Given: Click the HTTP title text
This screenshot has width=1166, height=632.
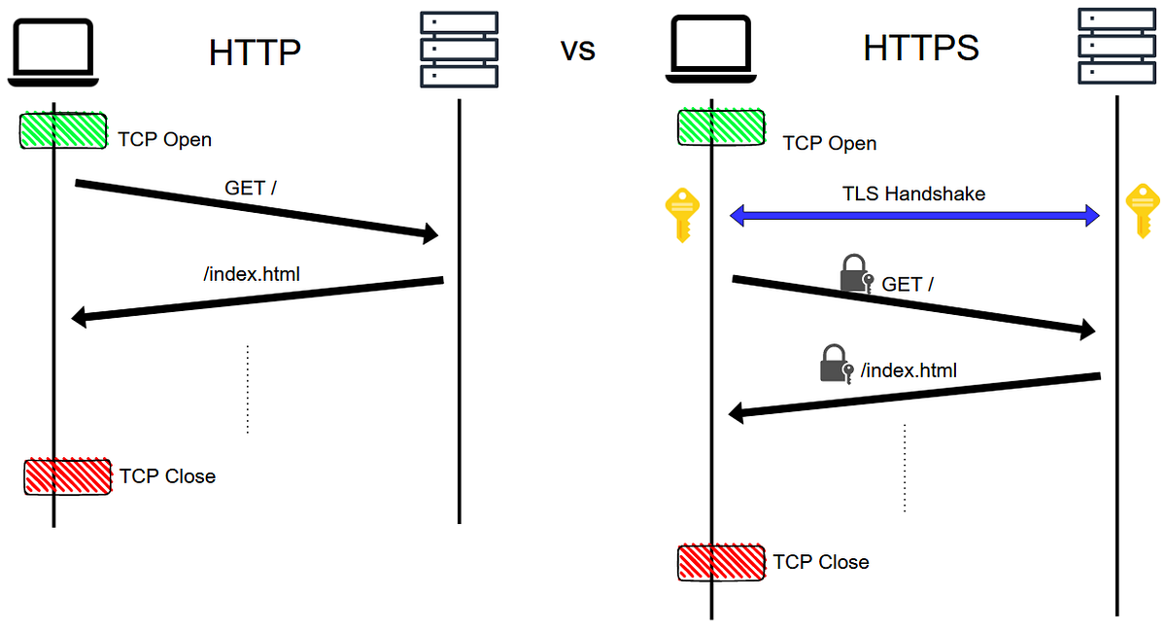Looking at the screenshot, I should click(x=255, y=53).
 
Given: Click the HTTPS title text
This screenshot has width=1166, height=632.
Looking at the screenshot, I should click(x=921, y=48).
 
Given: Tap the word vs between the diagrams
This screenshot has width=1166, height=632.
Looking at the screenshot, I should click(x=578, y=51).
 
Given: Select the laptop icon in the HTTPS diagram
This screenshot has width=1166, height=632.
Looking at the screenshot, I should click(x=710, y=50).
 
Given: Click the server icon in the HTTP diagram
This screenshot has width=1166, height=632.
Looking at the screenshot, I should click(x=459, y=49).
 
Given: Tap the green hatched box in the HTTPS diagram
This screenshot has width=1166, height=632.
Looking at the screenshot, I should click(x=720, y=128).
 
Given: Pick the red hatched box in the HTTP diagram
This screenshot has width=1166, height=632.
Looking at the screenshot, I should click(x=67, y=476).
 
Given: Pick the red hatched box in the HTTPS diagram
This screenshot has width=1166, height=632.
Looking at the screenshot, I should click(x=721, y=563).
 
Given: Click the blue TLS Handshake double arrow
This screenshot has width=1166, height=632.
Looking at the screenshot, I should click(x=914, y=216).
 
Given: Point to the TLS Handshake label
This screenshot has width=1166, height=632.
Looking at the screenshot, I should click(x=913, y=193).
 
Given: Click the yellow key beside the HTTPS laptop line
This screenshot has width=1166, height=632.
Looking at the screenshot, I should click(x=681, y=215).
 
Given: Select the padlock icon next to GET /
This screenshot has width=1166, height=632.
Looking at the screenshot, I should click(x=855, y=274).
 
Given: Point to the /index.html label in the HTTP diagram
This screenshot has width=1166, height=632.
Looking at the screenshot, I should click(x=252, y=274).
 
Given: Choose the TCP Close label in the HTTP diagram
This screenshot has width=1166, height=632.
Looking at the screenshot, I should click(x=167, y=476).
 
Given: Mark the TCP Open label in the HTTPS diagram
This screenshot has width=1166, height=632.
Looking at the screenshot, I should click(x=829, y=144).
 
